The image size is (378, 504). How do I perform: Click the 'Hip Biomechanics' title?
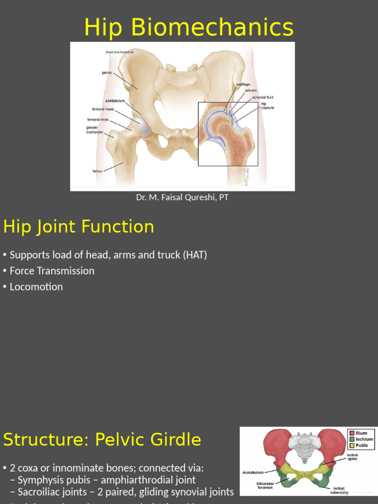point(189,27)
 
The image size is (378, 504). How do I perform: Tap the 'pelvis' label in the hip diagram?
point(107,72)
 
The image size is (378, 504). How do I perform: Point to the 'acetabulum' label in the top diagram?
point(115,101)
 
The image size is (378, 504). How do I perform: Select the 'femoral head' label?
point(102,109)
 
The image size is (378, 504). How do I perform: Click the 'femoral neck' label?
point(98,119)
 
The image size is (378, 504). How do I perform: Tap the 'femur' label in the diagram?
point(97,171)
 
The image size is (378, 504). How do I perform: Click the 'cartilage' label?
point(243,84)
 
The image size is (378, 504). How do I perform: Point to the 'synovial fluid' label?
point(263,97)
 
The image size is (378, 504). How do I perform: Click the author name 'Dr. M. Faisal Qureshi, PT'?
point(182,197)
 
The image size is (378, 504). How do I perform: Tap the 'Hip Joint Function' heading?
point(79,227)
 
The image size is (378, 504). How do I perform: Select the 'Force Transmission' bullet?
point(52,271)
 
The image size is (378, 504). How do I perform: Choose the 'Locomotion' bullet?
point(36,286)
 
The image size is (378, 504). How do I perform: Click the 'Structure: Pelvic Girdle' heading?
point(102,440)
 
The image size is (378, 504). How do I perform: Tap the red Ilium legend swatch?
point(352,433)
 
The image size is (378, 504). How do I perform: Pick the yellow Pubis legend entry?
point(361,445)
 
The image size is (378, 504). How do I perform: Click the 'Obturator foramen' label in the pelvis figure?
point(265,485)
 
